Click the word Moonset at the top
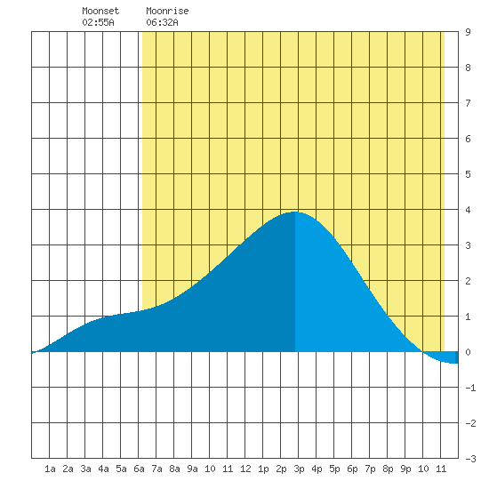coord(100,11)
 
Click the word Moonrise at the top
coord(167,11)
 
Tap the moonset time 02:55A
coord(98,22)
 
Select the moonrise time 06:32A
coord(162,22)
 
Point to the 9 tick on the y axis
coord(468,32)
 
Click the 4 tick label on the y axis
coord(468,210)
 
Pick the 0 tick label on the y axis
coord(468,352)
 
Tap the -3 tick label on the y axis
coord(470,459)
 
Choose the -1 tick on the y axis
coord(470,388)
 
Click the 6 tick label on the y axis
coord(468,139)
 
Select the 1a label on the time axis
coord(50,469)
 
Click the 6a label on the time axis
coord(139,469)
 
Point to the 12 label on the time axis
coord(245,469)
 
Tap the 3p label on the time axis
coord(299,469)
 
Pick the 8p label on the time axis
coord(388,469)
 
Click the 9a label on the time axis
coord(192,469)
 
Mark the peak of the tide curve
coord(294,212)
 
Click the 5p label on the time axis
coord(334,469)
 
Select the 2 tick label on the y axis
coord(468,281)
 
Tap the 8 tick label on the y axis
coord(468,68)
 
